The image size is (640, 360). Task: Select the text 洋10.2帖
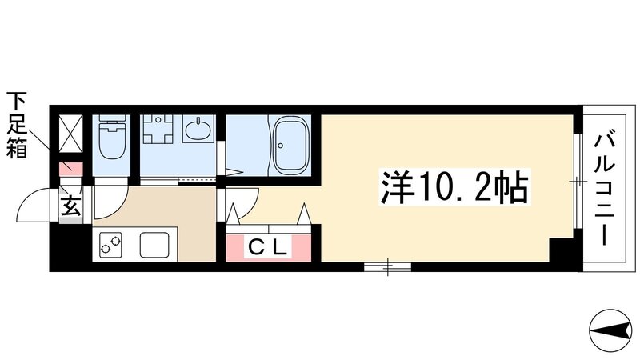click(x=451, y=190)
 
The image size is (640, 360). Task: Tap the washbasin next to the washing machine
click(x=197, y=129)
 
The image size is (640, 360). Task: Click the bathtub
click(x=290, y=145)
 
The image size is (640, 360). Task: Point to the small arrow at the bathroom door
click(x=234, y=170)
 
